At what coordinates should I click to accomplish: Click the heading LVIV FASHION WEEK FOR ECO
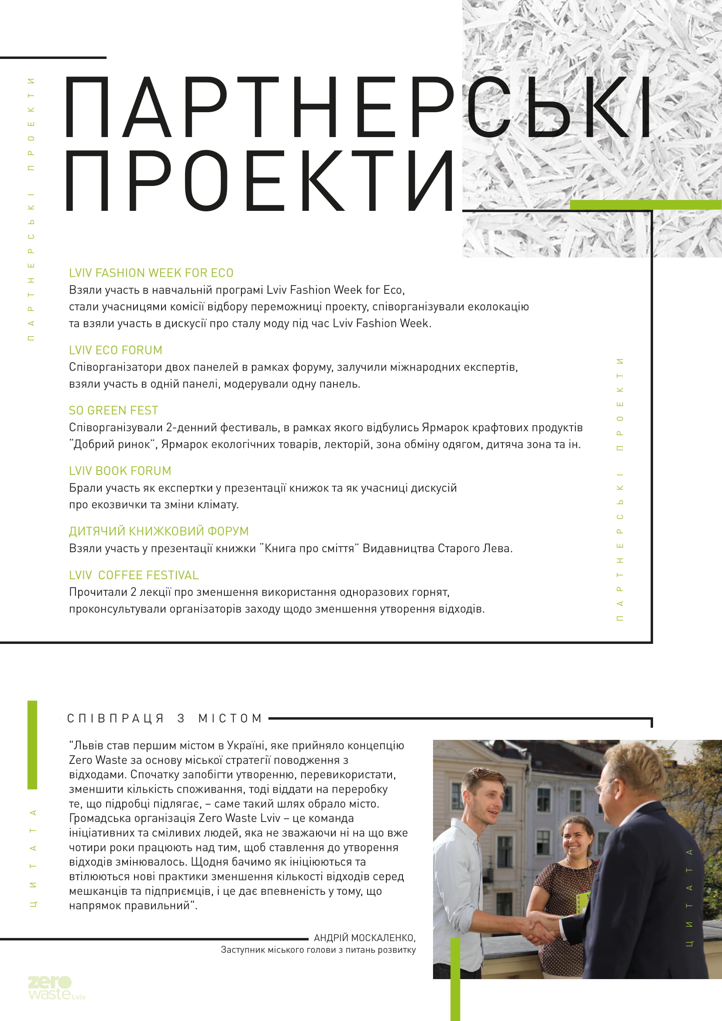(151, 272)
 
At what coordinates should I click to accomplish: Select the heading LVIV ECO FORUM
(116, 350)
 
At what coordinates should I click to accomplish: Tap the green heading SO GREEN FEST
(113, 410)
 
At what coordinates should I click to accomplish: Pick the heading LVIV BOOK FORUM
(120, 471)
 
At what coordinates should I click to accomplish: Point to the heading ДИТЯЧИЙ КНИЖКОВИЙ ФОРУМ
(159, 531)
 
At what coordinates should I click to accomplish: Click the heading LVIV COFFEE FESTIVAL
(134, 575)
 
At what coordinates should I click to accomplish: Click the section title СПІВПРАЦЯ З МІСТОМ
(165, 718)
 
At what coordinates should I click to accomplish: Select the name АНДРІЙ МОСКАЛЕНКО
(364, 938)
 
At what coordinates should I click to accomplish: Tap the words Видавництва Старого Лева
(437, 548)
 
